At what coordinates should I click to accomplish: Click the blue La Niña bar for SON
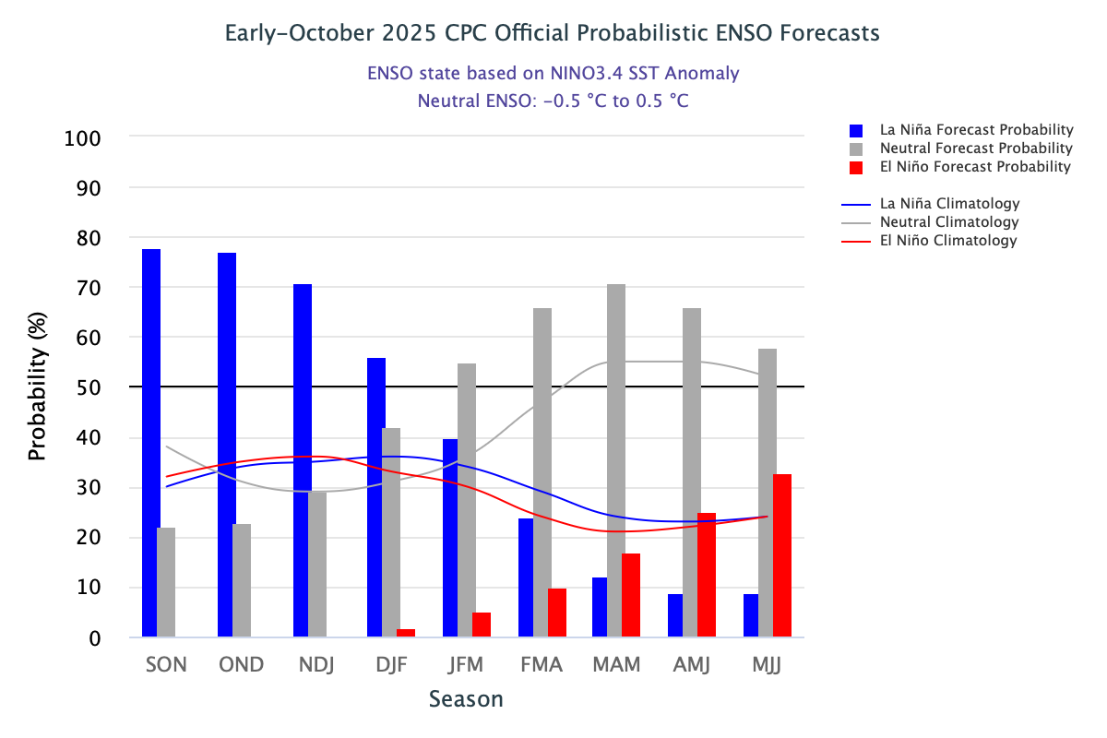[151, 443]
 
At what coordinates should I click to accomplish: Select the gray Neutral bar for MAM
[616, 460]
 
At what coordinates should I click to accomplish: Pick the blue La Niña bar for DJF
[376, 497]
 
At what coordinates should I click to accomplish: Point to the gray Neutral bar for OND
[242, 580]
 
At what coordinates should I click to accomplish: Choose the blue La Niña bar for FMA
[526, 577]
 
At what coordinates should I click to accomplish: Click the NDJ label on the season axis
[316, 664]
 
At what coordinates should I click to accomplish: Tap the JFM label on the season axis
[467, 664]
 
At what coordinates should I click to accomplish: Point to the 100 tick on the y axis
[83, 138]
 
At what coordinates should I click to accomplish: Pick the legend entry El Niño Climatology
[948, 241]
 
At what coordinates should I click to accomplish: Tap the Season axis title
[466, 699]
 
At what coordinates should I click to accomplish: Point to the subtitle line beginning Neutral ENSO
[553, 101]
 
